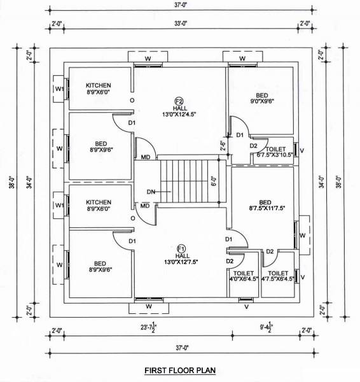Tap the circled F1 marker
pyautogui.click(x=180, y=248)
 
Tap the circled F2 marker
pyautogui.click(x=179, y=101)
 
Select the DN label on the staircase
pyautogui.click(x=150, y=190)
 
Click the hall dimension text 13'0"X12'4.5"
pyautogui.click(x=180, y=115)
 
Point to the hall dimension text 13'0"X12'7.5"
pyautogui.click(x=180, y=262)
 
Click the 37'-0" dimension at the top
pyautogui.click(x=181, y=6)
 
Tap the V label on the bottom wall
pyautogui.click(x=246, y=307)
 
